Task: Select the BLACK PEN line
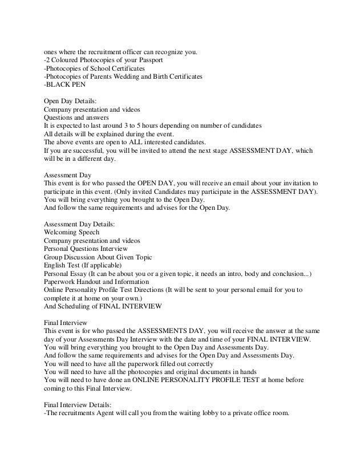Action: coord(64,86)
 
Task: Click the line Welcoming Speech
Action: coord(71,232)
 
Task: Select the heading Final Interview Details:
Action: coord(81,404)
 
